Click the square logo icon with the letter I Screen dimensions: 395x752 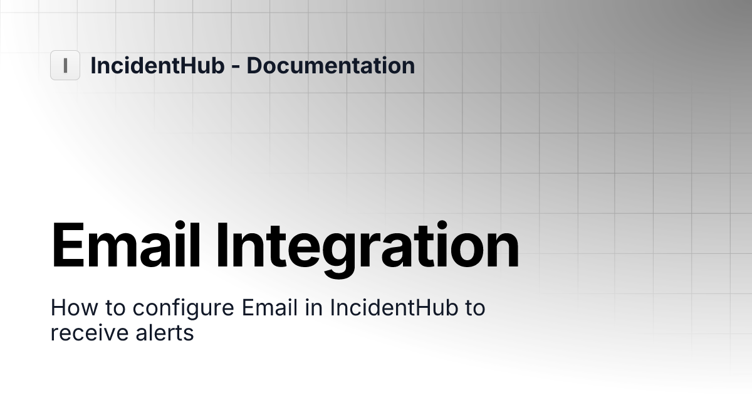tap(65, 65)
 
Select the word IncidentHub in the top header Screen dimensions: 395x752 tap(157, 65)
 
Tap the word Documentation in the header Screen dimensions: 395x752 tap(330, 65)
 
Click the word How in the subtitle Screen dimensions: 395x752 tap(69, 308)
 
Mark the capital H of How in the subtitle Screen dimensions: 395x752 tap(57, 308)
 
